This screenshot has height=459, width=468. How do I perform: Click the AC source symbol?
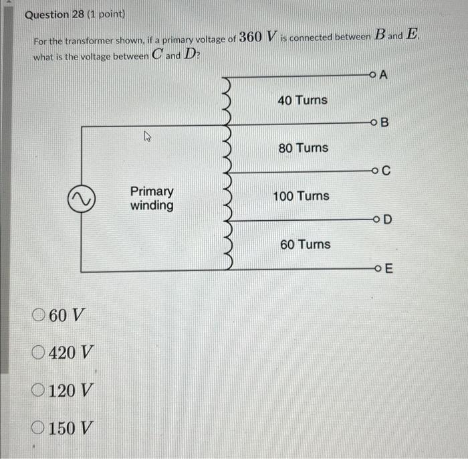pyautogui.click(x=82, y=198)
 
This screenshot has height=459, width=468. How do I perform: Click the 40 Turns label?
pyautogui.click(x=302, y=100)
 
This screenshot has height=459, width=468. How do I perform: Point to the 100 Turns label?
pyautogui.click(x=301, y=196)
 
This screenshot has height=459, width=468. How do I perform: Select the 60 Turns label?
pyautogui.click(x=305, y=245)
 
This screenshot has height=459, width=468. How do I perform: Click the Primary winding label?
pyautogui.click(x=152, y=199)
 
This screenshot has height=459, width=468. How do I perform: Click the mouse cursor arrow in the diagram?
pyautogui.click(x=148, y=137)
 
